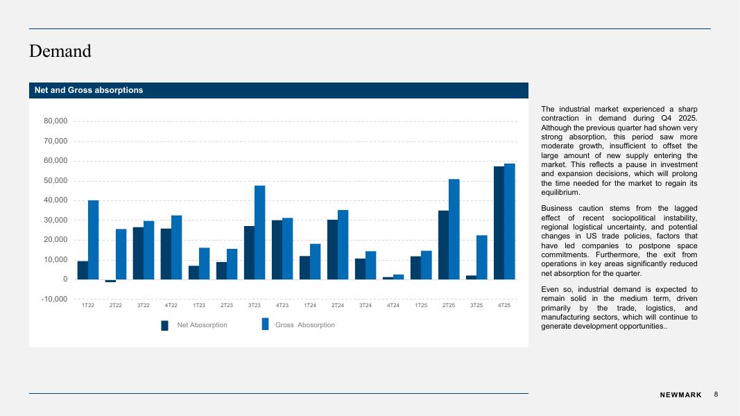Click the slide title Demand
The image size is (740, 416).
(x=60, y=51)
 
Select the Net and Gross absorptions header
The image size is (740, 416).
(x=89, y=90)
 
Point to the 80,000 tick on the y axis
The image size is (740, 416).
(x=55, y=121)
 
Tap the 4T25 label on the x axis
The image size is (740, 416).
(x=504, y=306)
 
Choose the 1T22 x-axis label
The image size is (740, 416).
(x=88, y=306)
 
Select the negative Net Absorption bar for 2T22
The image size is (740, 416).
(x=110, y=281)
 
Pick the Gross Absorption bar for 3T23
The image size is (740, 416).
(x=259, y=232)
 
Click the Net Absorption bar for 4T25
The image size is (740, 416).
(x=499, y=223)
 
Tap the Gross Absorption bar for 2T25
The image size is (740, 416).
(x=454, y=229)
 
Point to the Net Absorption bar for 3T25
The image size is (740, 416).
(x=471, y=277)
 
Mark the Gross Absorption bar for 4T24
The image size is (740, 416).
(x=398, y=277)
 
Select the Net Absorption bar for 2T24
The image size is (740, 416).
(x=332, y=250)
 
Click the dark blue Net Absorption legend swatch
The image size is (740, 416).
(x=165, y=325)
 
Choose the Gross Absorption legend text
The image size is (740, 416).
(x=304, y=325)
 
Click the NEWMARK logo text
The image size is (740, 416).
(x=680, y=395)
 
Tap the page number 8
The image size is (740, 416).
(x=716, y=394)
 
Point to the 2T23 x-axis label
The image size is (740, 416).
(x=227, y=306)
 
